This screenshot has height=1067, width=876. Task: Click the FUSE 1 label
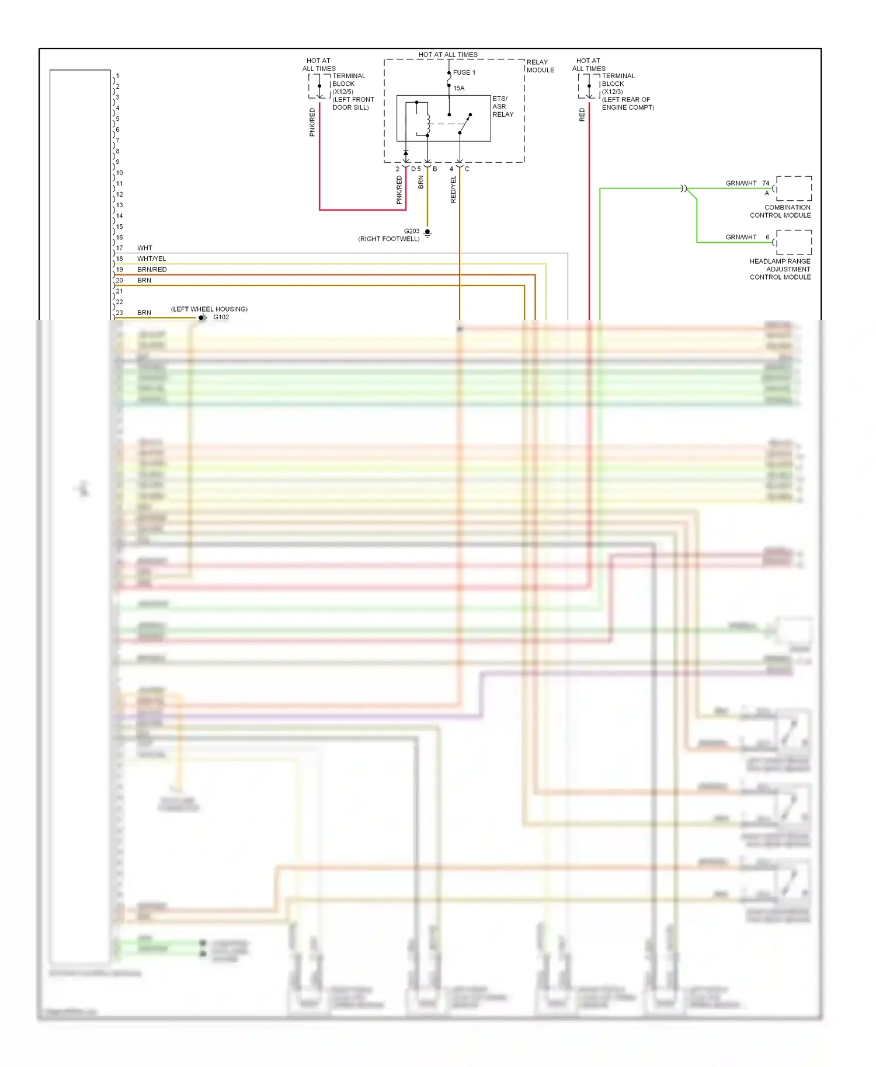(464, 72)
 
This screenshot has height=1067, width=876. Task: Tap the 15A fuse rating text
(459, 88)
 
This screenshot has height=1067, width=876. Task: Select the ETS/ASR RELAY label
(502, 106)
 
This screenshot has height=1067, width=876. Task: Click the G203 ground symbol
(427, 233)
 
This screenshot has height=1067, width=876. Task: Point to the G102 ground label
(221, 318)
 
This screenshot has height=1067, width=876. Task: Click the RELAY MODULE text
(540, 66)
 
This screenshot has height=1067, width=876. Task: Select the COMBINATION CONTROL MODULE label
(780, 211)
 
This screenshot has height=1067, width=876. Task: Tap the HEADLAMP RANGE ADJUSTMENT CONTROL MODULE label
(780, 269)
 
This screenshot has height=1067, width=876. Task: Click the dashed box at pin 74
(794, 189)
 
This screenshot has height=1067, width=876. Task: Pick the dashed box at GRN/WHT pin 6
(794, 242)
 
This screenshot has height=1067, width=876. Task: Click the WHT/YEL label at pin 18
(152, 259)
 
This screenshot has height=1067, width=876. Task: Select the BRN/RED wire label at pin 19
(152, 270)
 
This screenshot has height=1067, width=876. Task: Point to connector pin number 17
(120, 248)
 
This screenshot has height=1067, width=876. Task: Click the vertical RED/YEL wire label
(453, 190)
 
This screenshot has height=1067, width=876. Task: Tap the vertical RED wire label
(582, 115)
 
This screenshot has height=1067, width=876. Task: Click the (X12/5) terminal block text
(343, 92)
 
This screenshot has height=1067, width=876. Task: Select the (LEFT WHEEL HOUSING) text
(209, 309)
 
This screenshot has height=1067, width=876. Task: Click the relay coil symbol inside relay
(428, 123)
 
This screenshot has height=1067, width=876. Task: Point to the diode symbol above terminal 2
(406, 154)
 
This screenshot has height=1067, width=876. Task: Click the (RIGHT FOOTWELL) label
(389, 239)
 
